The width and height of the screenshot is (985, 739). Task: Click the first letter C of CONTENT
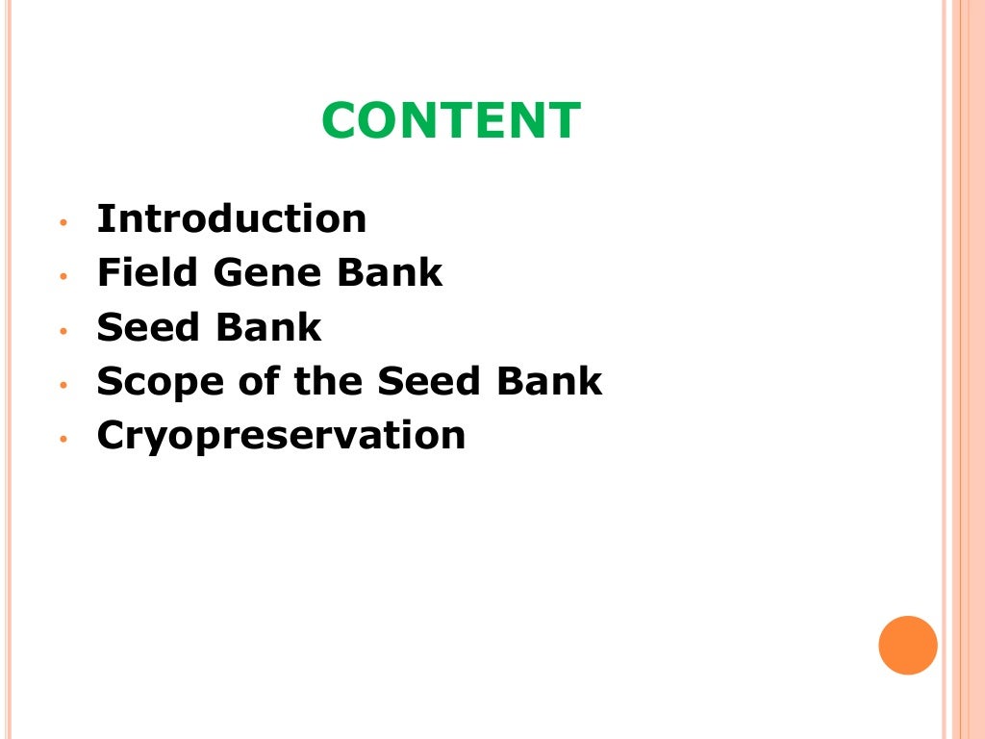340,122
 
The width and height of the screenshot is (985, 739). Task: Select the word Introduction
232,219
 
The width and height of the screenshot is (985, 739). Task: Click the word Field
148,273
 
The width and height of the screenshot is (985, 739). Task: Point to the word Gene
268,273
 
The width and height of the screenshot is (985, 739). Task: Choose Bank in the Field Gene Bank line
390,273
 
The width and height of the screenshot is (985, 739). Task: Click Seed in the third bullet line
148,328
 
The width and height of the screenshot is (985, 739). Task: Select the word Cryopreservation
281,437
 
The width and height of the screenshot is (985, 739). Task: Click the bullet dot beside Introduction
63,222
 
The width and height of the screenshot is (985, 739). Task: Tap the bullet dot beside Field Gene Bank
63,276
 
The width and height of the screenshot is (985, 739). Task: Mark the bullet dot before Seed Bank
63,331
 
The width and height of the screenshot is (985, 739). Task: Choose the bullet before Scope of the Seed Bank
63,385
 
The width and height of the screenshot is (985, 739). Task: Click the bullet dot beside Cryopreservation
63,439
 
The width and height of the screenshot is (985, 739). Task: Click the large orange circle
907,645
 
